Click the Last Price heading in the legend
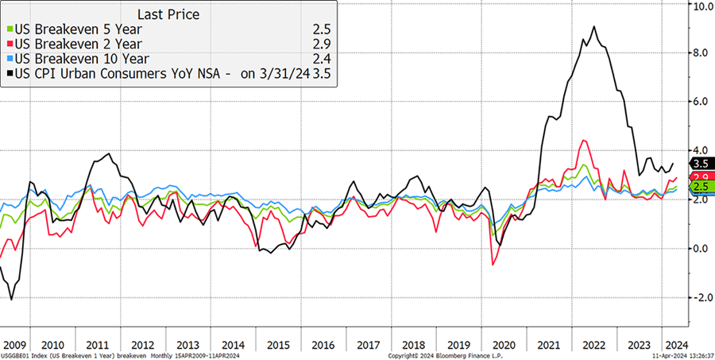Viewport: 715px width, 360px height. (168, 14)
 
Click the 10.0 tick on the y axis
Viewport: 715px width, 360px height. (703, 6)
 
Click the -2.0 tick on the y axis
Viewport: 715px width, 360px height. (701, 297)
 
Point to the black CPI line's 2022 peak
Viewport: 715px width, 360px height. (594, 27)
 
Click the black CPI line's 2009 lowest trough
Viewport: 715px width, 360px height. (11, 300)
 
